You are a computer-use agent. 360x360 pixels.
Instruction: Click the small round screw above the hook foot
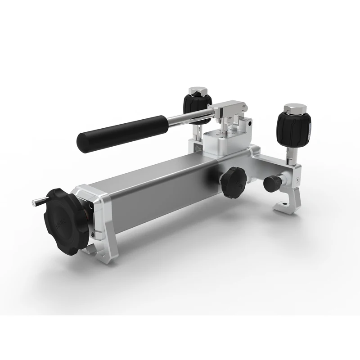tap(297, 180)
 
